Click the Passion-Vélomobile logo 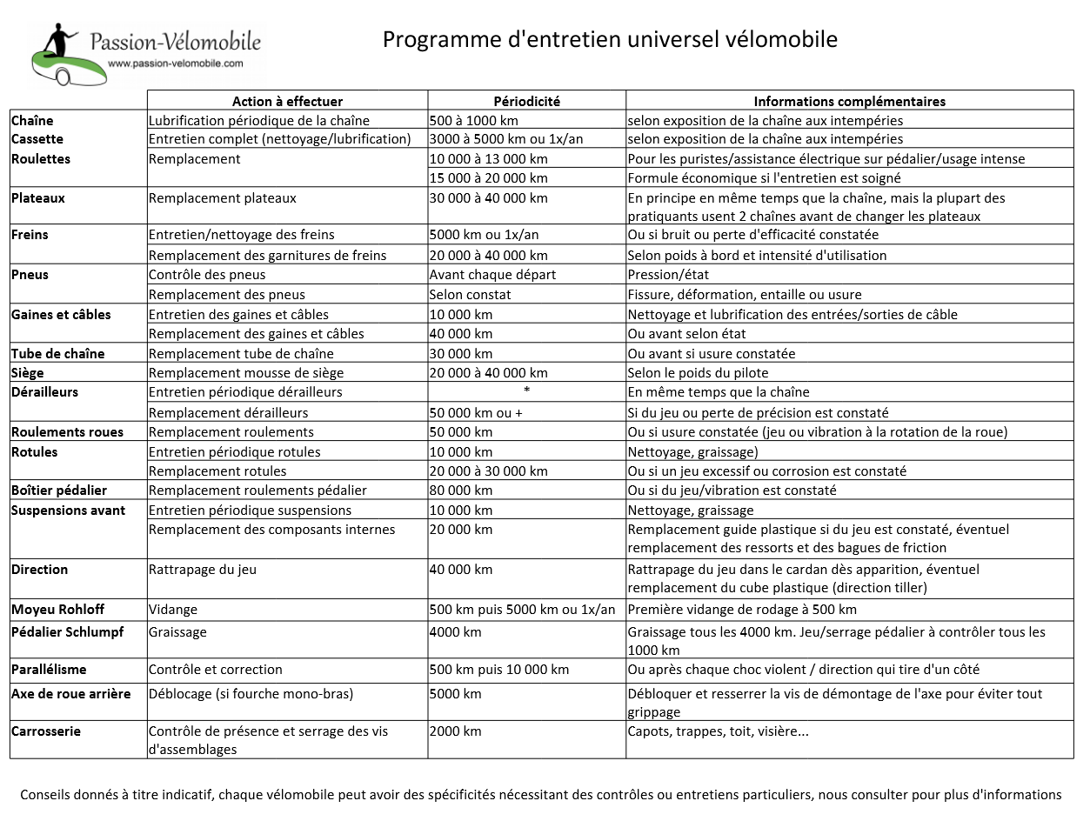tap(144, 52)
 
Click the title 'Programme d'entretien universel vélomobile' tap(610, 40)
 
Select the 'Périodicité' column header tap(526, 101)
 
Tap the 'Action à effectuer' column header tap(287, 101)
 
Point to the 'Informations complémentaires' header tap(849, 101)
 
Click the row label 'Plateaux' tap(38, 198)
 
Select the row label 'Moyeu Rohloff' tap(57, 610)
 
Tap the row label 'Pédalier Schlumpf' tap(67, 632)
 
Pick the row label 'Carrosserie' tap(46, 731)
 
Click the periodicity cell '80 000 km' tap(461, 491)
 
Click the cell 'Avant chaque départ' tap(492, 275)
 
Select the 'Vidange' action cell tap(173, 610)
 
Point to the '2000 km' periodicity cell tap(455, 731)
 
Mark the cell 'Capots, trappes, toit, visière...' tap(718, 731)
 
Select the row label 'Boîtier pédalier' tap(59, 491)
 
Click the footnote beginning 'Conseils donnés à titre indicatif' tap(540, 795)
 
